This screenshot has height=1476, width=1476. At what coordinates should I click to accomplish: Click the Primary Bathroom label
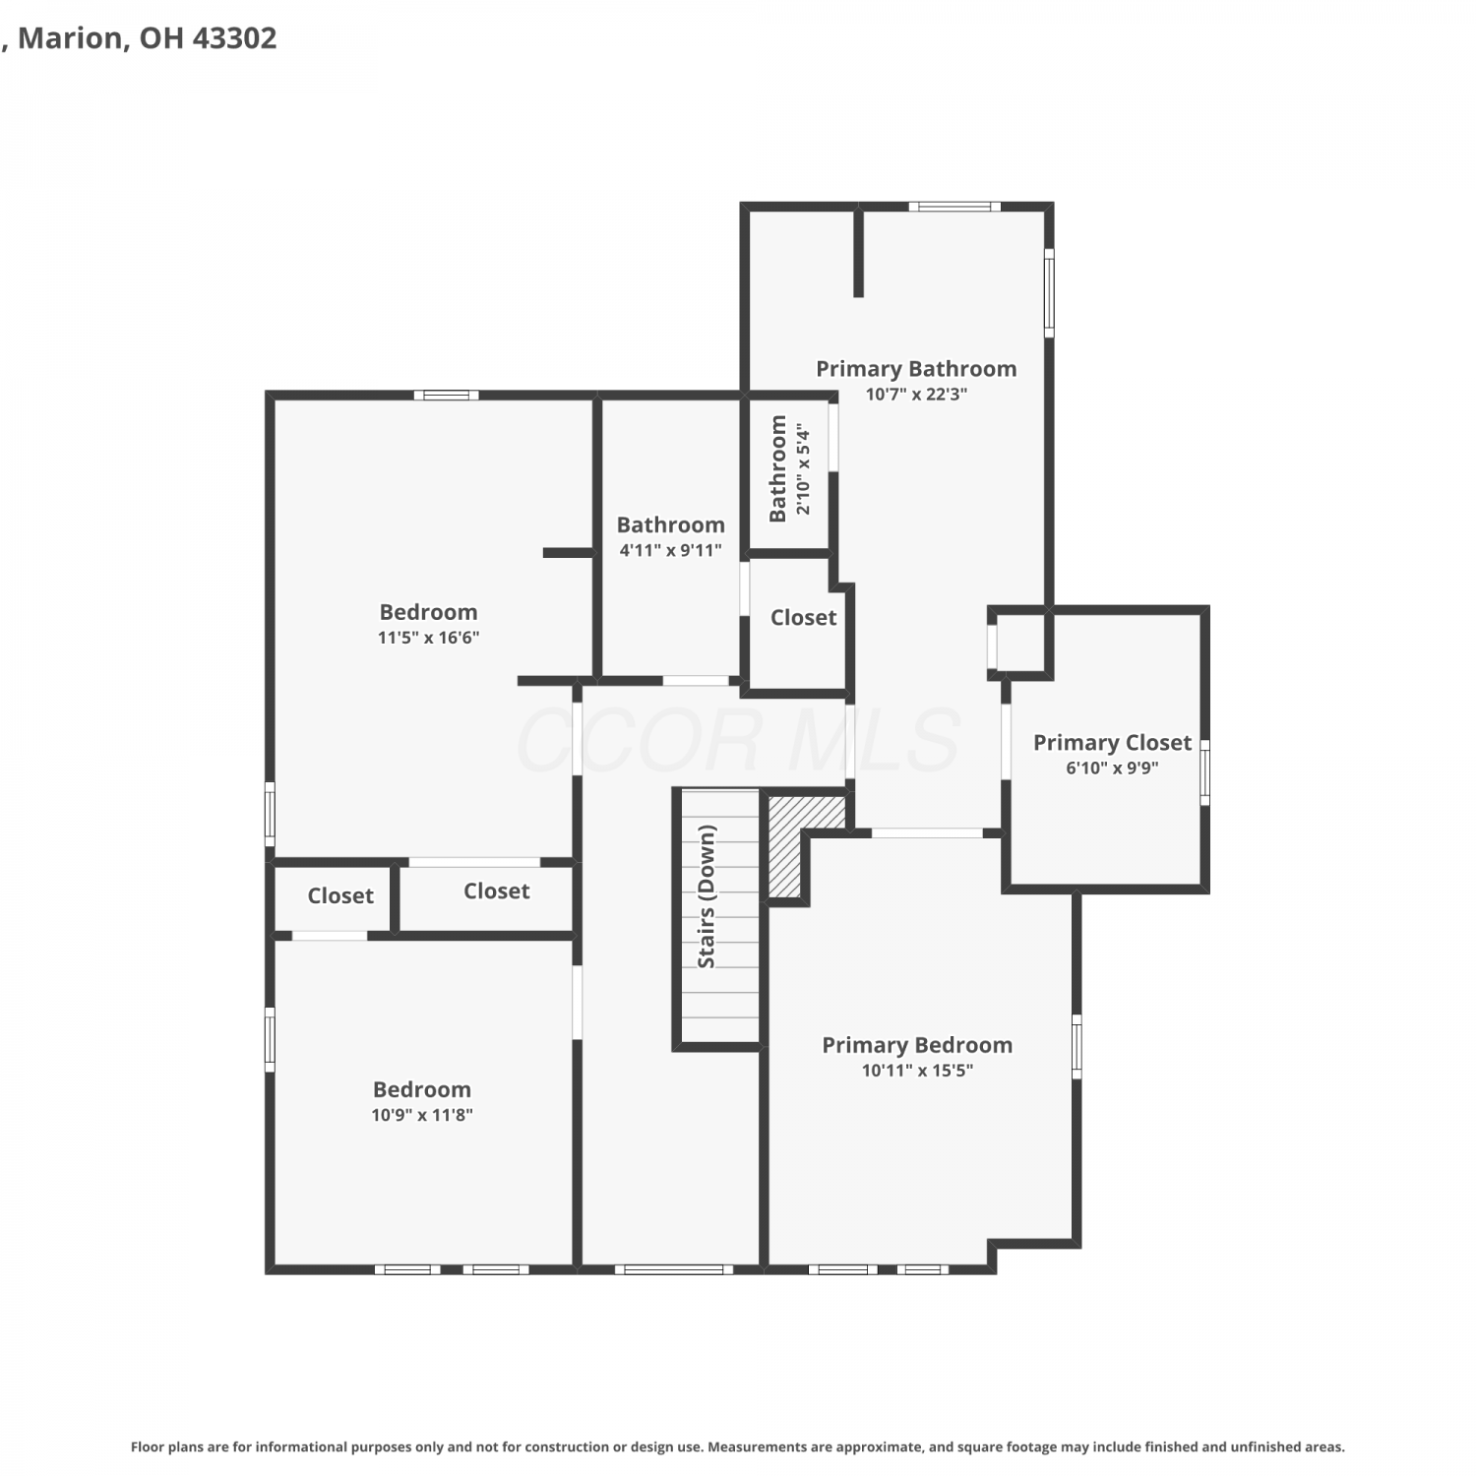pyautogui.click(x=916, y=369)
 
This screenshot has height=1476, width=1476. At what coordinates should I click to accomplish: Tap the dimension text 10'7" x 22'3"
pyautogui.click(x=916, y=394)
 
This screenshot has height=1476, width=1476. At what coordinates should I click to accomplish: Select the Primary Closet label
pyautogui.click(x=1112, y=743)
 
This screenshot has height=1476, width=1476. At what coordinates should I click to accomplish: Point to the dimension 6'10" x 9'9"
pyautogui.click(x=1112, y=768)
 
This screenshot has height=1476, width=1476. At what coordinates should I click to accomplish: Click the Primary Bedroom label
pyautogui.click(x=917, y=1045)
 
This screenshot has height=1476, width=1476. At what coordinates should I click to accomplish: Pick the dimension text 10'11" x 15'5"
pyautogui.click(x=917, y=1071)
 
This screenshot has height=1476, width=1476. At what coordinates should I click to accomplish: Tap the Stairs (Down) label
pyautogui.click(x=707, y=896)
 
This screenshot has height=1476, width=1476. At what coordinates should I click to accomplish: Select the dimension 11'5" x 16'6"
pyautogui.click(x=428, y=638)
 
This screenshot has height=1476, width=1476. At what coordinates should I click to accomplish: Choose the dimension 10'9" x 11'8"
pyautogui.click(x=422, y=1115)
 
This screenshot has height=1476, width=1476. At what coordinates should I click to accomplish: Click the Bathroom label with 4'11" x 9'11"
pyautogui.click(x=670, y=525)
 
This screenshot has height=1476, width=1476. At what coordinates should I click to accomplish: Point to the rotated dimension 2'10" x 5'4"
pyautogui.click(x=804, y=469)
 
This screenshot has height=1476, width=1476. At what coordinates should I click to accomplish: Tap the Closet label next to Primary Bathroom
pyautogui.click(x=803, y=618)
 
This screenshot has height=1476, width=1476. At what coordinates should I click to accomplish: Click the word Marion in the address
pyautogui.click(x=70, y=38)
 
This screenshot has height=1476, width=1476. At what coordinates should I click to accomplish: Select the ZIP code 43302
pyautogui.click(x=234, y=38)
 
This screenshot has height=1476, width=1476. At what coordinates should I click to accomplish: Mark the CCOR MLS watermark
pyautogui.click(x=738, y=740)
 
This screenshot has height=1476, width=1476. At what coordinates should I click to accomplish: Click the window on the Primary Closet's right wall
pyautogui.click(x=1204, y=772)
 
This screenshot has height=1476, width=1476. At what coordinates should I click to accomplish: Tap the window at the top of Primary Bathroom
pyautogui.click(x=954, y=207)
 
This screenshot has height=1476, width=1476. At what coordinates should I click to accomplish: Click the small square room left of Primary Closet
pyautogui.click(x=1019, y=644)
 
